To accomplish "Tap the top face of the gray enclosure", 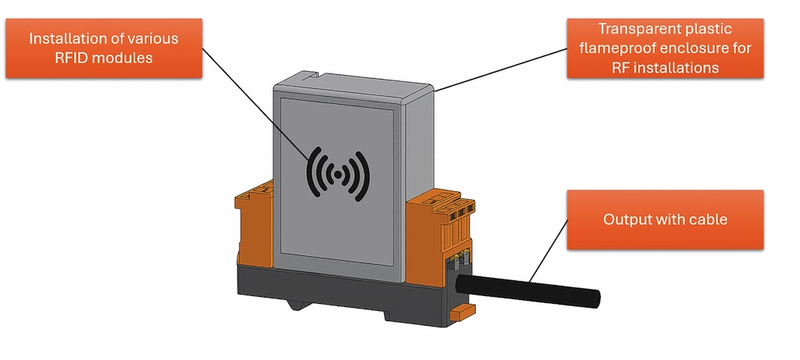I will [352, 84].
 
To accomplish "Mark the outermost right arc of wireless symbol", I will [365, 173].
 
